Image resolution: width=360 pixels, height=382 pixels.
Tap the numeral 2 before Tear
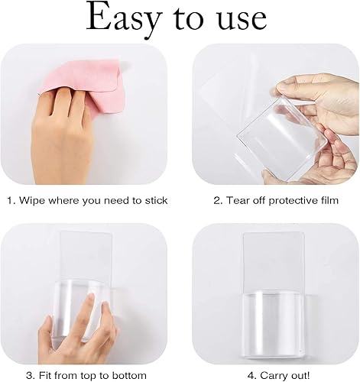pos(216,201)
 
